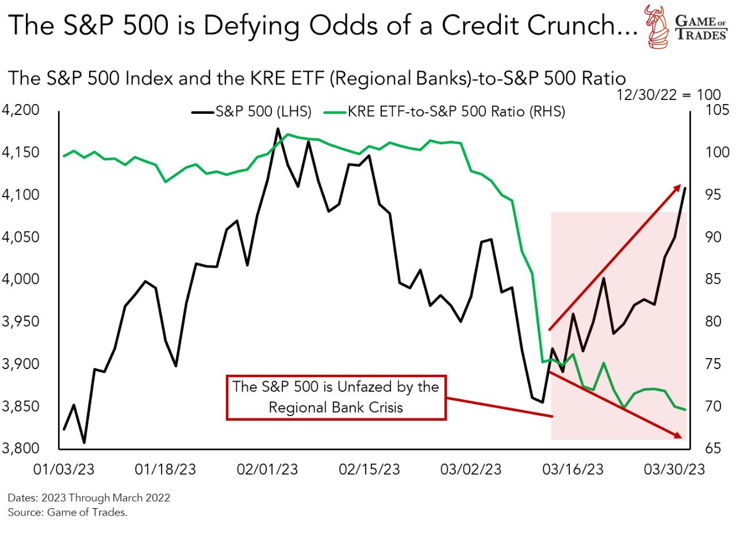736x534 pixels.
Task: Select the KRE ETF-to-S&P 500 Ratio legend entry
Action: (x=449, y=112)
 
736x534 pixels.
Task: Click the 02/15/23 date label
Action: (x=369, y=470)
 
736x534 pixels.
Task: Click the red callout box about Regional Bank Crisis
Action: (x=336, y=397)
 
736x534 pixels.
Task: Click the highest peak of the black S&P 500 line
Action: (x=278, y=129)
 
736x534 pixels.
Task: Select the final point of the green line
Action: (x=685, y=409)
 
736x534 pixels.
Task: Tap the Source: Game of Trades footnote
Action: (x=67, y=512)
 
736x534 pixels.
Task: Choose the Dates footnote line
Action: (x=89, y=498)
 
